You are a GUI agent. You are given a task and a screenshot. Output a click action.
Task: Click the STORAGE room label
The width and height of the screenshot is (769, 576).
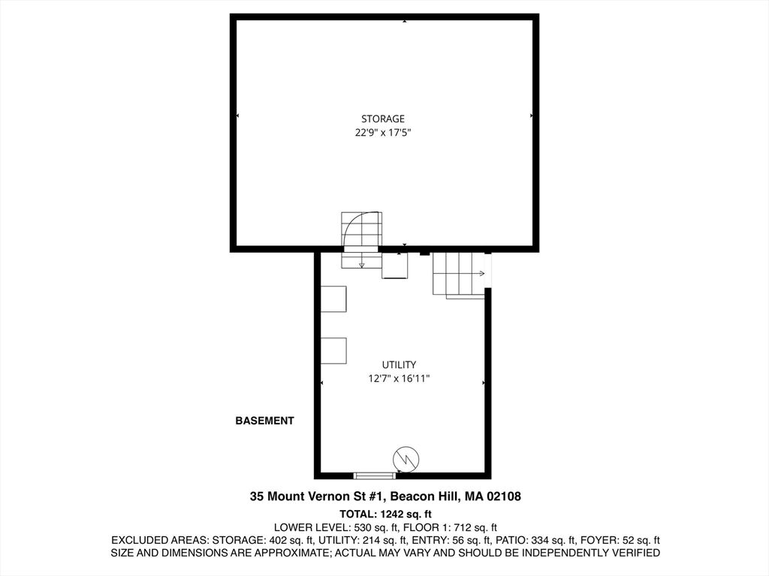[382, 118]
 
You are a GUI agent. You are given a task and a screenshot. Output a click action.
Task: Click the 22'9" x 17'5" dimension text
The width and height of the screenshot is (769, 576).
[382, 132]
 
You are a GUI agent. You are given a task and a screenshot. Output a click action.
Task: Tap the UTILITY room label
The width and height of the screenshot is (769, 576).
[399, 364]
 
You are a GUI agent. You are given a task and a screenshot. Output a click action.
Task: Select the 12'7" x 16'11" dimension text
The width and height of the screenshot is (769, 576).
[399, 378]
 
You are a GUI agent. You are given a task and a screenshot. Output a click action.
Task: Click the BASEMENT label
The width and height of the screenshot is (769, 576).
[265, 421]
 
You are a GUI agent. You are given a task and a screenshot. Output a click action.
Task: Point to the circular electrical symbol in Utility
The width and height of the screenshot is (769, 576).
[406, 459]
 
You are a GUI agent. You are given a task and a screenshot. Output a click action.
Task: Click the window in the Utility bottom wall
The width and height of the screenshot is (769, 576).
[375, 475]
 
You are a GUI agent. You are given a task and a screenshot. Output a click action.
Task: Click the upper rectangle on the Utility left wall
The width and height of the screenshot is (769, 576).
[333, 298]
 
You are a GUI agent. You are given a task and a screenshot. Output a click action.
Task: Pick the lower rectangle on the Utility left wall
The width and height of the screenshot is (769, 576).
[333, 351]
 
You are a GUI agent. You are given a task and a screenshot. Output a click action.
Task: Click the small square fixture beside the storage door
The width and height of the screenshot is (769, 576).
[395, 265]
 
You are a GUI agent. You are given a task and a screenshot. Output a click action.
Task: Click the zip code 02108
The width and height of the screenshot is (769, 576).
[504, 496]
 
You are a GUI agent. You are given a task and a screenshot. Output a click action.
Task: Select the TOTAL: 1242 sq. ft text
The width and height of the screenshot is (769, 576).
[385, 514]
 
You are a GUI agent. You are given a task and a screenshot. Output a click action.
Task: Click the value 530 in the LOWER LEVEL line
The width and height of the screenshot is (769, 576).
[363, 527]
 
